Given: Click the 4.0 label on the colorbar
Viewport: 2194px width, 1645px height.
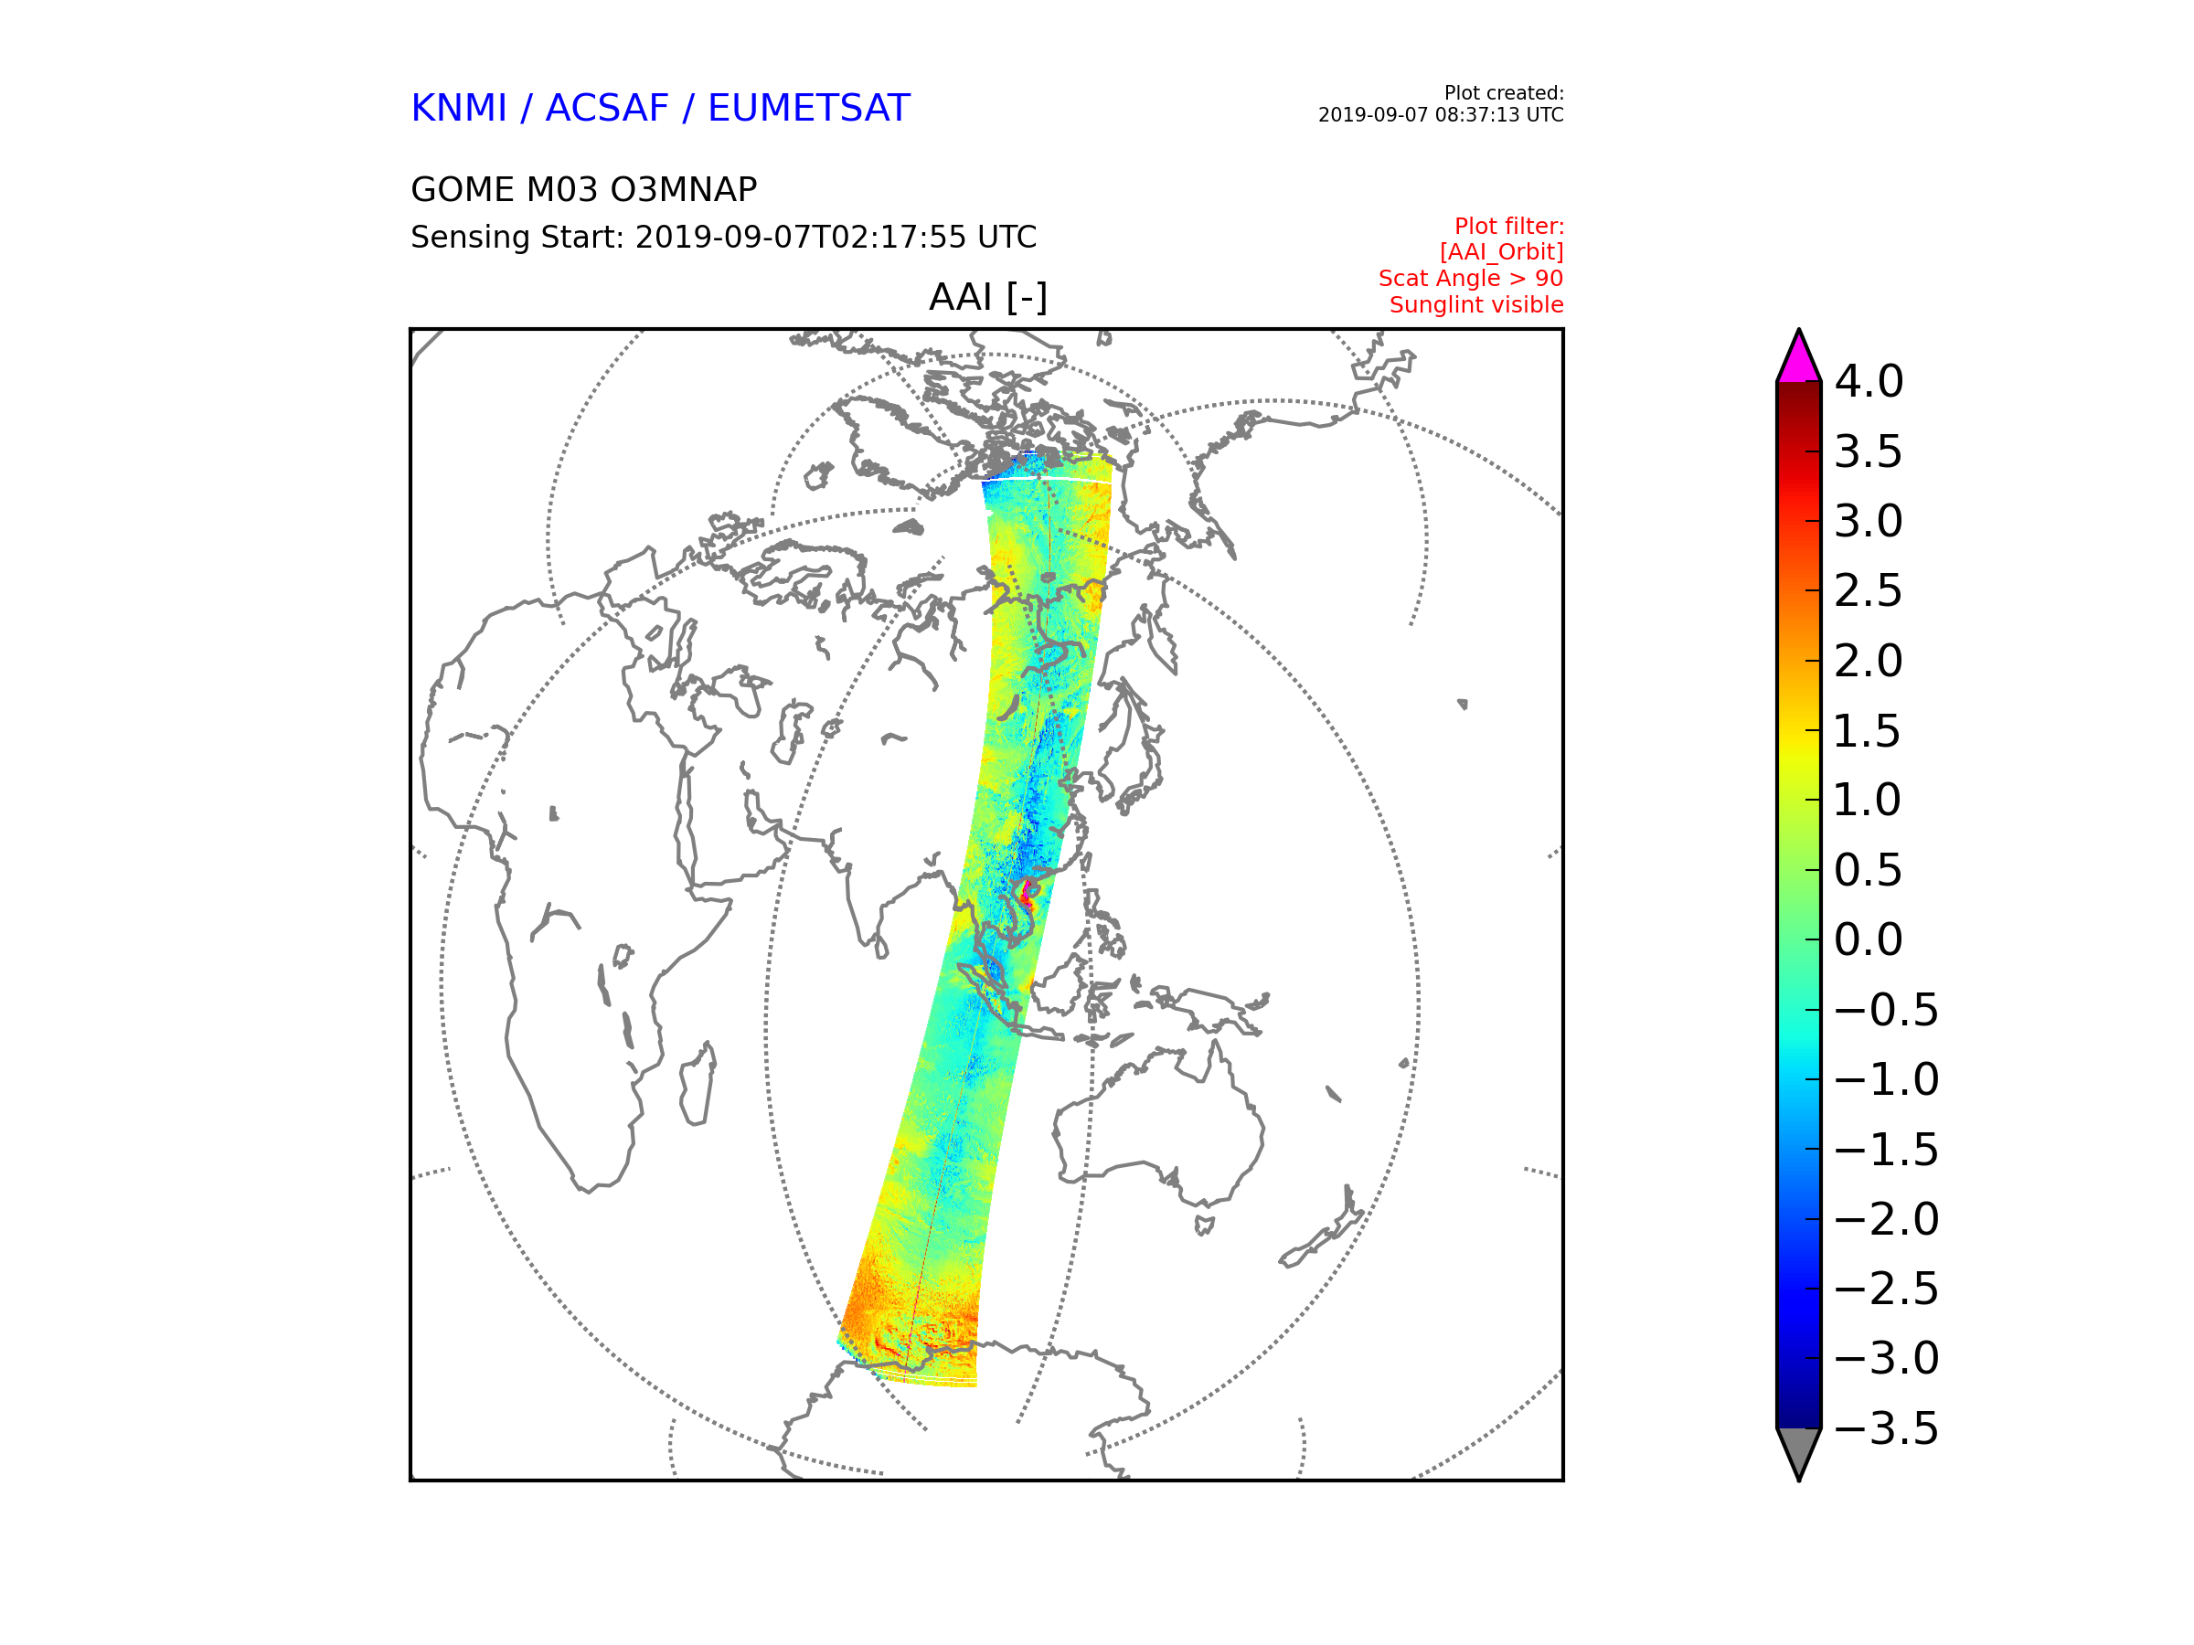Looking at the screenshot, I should click(x=1868, y=382).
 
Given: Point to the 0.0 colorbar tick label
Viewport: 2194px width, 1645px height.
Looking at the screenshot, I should click(x=1868, y=940).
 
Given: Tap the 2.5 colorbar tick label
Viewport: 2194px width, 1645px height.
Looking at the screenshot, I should click(x=1868, y=591).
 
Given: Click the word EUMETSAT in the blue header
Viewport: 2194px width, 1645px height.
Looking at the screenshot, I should click(x=808, y=108).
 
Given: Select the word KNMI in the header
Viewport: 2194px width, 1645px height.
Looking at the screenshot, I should click(x=458, y=108).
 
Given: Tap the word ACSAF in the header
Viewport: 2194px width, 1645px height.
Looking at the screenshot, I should click(x=607, y=108).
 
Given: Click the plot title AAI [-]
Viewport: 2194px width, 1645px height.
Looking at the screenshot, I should click(x=988, y=296).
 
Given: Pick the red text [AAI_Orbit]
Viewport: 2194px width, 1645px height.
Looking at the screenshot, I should click(x=1501, y=252).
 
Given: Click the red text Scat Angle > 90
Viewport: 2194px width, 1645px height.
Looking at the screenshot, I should click(x=1470, y=279).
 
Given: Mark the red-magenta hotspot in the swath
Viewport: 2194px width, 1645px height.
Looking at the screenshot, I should click(x=1028, y=890).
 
